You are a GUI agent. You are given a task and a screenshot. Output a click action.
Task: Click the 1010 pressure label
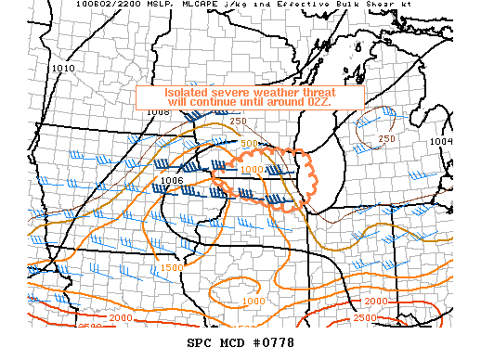click(x=63, y=69)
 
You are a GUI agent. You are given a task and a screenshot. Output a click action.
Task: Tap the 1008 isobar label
click(x=159, y=113)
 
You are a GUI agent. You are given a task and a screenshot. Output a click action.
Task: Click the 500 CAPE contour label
click(x=249, y=145)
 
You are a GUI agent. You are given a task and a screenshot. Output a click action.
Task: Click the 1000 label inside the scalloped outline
click(x=251, y=170)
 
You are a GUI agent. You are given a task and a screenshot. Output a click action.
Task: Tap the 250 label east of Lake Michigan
click(x=387, y=139)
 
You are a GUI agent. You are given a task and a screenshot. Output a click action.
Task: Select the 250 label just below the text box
click(x=239, y=122)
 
